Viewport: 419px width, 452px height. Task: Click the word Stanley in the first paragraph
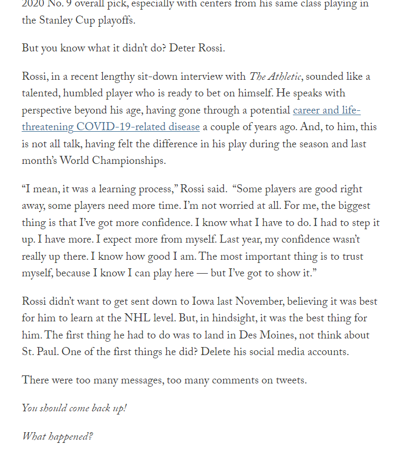[x=56, y=21]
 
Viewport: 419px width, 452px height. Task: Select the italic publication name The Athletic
[x=275, y=77]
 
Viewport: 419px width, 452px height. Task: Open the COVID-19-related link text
[x=138, y=127]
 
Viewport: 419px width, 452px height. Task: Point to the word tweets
[x=290, y=381]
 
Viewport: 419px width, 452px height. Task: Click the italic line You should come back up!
[x=74, y=409]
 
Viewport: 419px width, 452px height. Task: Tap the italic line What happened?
[x=57, y=437]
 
